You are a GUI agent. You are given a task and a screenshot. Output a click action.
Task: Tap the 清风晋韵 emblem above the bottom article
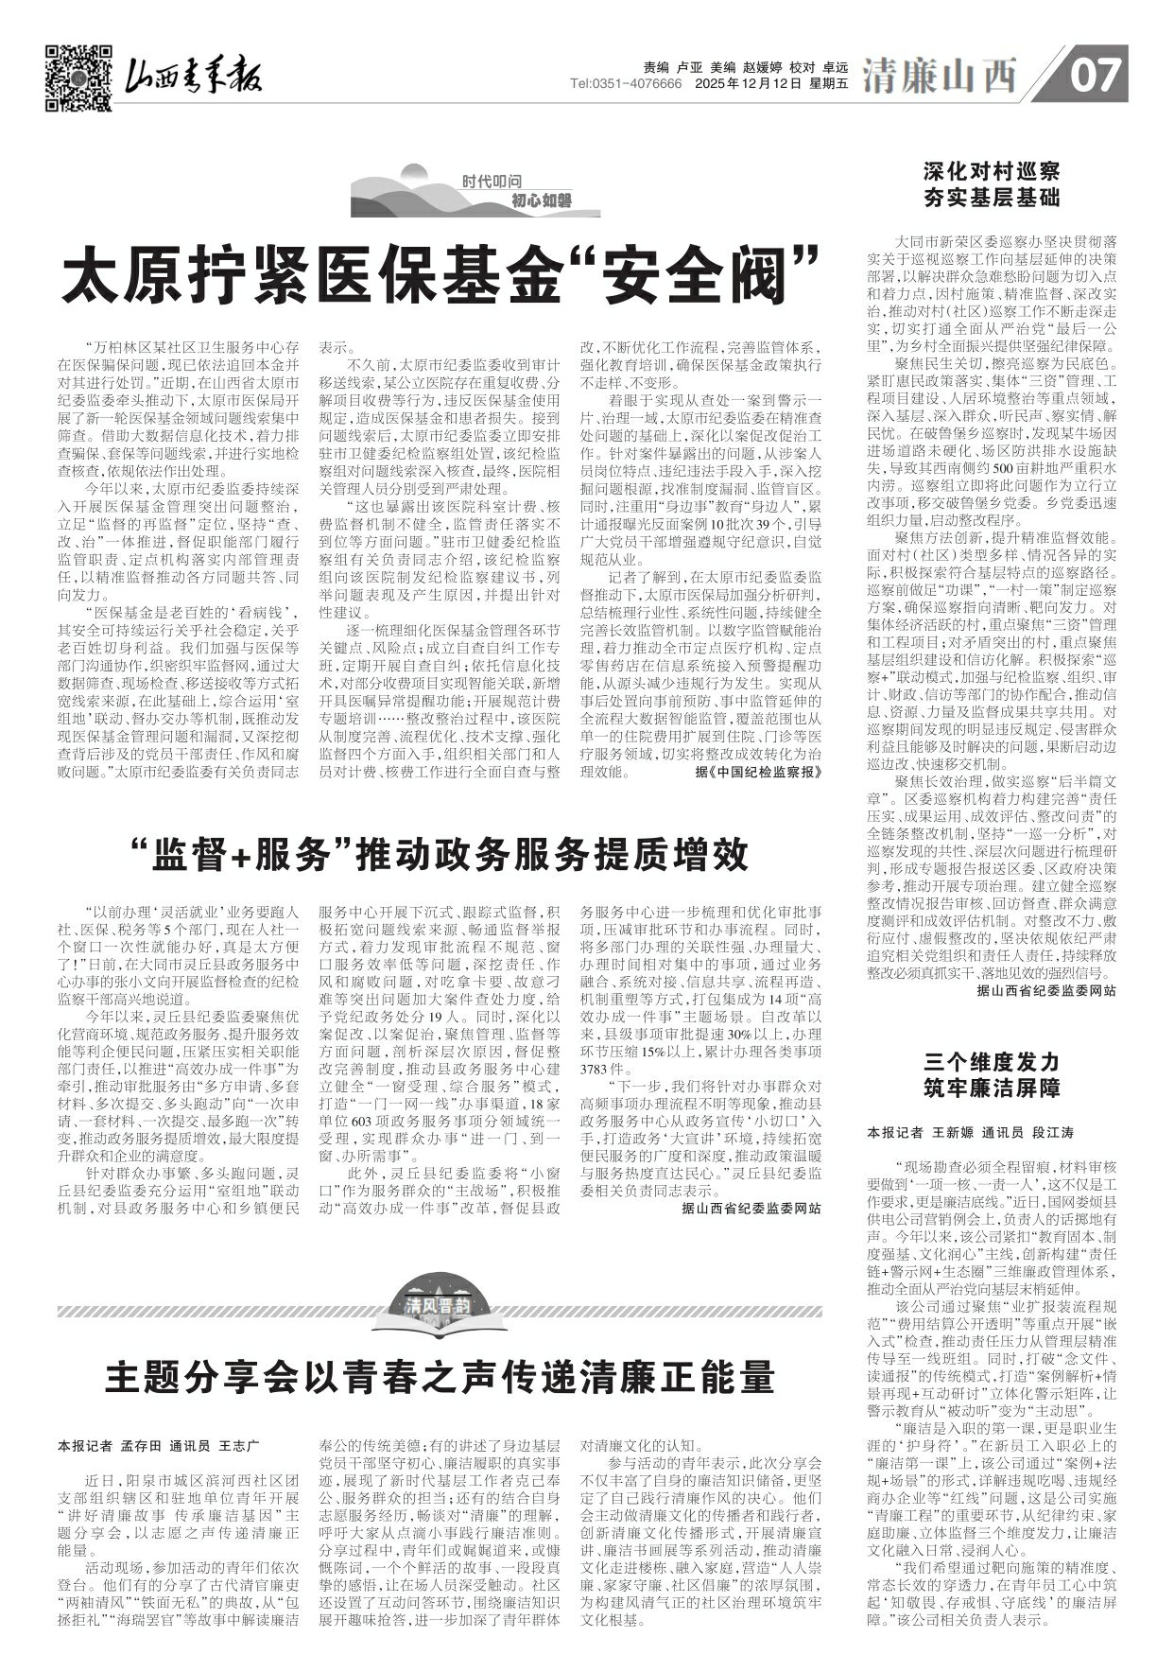(x=439, y=1305)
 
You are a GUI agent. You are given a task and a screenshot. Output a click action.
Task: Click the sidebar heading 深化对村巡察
(x=991, y=173)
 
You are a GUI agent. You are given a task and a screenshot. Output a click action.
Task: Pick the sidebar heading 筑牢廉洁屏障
(x=991, y=1086)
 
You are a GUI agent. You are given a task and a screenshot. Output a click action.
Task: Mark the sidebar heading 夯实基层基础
(x=991, y=199)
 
